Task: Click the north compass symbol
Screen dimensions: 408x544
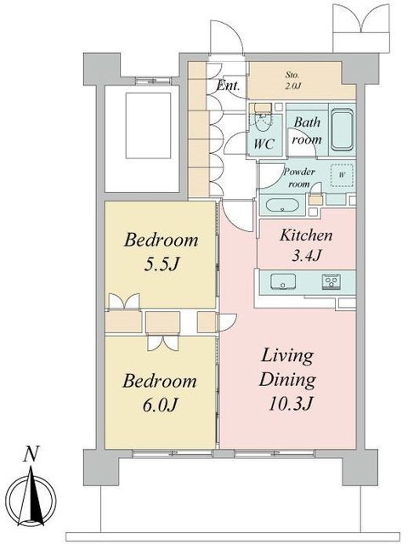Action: [32, 499]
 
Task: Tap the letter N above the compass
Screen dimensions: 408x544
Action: [31, 454]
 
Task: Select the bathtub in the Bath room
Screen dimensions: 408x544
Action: [342, 130]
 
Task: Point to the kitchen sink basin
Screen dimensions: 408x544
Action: [283, 281]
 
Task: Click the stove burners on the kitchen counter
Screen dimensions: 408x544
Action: [331, 280]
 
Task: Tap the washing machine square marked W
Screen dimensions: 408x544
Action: [342, 175]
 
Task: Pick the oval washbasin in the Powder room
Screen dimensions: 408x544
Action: [282, 205]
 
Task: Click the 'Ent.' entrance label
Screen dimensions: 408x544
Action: [228, 85]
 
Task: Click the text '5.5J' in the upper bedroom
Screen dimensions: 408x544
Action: [161, 264]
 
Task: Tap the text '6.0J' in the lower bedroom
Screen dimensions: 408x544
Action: [161, 405]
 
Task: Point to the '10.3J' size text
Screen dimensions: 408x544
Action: [291, 403]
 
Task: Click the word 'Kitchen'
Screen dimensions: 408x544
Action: [306, 235]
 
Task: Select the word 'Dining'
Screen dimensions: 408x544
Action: [287, 380]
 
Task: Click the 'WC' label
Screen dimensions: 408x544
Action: [264, 144]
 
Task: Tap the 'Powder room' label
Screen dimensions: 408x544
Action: [299, 178]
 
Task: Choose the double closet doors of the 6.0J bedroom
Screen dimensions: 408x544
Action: [163, 343]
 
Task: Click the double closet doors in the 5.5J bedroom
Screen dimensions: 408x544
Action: [124, 301]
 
